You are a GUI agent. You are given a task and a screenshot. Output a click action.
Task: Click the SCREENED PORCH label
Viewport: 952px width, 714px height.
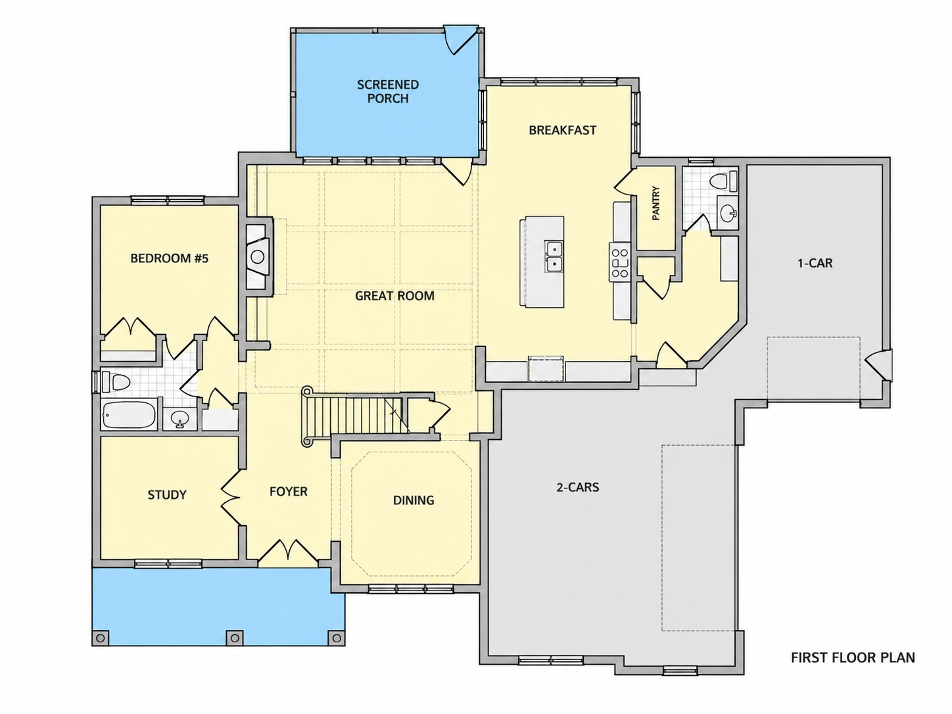click(388, 91)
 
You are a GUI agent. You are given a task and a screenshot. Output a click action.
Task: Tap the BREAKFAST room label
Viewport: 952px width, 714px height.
click(563, 130)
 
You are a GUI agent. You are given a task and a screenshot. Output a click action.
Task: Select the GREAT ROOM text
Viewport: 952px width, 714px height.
click(394, 296)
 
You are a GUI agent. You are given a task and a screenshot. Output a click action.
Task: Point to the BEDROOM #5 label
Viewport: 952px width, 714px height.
click(170, 258)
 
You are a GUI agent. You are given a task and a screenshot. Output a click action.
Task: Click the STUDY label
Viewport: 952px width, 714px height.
click(167, 494)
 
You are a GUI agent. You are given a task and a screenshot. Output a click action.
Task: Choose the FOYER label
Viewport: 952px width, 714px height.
click(289, 492)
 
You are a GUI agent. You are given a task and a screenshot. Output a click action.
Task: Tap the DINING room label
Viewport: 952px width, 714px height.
click(414, 500)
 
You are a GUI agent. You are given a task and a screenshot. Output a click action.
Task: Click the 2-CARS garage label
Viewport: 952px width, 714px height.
click(578, 487)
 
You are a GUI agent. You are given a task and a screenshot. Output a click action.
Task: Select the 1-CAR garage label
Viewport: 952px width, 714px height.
click(815, 263)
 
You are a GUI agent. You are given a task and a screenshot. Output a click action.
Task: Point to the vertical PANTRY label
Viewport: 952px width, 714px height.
click(655, 203)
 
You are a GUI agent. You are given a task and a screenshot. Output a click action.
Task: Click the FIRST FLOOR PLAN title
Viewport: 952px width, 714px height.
click(853, 657)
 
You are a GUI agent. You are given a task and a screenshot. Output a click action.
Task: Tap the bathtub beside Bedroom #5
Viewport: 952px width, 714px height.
click(129, 415)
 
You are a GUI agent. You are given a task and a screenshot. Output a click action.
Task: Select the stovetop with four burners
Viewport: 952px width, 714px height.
click(619, 262)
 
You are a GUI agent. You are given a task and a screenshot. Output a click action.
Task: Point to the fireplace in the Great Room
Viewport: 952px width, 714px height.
click(258, 256)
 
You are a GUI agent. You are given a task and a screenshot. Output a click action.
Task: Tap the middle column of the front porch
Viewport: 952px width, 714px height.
click(235, 638)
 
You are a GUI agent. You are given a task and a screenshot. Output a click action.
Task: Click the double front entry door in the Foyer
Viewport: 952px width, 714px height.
click(288, 553)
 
